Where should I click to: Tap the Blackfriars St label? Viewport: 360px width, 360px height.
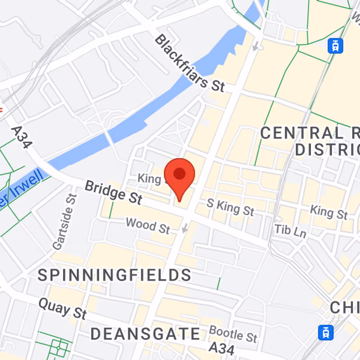[x=189, y=63]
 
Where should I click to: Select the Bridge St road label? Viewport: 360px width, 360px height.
[x=113, y=191]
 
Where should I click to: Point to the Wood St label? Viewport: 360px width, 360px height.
[x=148, y=225]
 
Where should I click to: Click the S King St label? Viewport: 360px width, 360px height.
[x=230, y=207]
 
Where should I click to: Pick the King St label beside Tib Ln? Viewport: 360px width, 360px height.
[x=329, y=212]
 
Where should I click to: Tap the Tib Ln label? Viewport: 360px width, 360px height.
[x=290, y=231]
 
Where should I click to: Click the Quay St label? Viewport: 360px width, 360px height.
[x=62, y=308]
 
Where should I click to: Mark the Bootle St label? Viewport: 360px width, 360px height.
[x=233, y=333]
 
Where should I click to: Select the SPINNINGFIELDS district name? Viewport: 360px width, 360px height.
[x=114, y=275]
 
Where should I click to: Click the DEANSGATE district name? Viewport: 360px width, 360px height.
[x=145, y=334]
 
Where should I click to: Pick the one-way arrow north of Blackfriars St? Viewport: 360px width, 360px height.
[x=256, y=46]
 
